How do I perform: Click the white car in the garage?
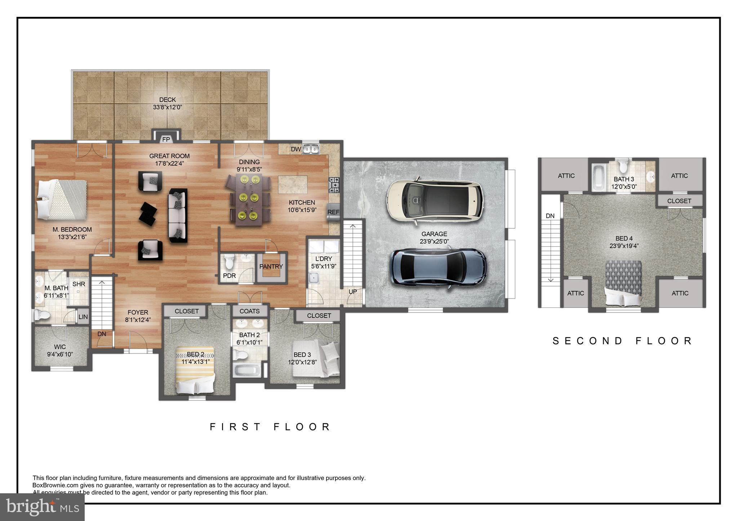coord(434,198)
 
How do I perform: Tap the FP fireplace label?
coord(166,140)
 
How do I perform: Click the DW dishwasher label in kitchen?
coord(296,149)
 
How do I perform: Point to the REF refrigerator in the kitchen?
coord(333,212)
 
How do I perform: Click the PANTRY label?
coord(271,266)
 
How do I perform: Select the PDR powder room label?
coord(229,276)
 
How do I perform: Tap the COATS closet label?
coord(249,311)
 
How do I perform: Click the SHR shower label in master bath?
coord(79,284)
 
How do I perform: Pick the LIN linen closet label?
coord(83,317)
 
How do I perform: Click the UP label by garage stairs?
coord(353,292)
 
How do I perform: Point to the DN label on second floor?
coord(550,216)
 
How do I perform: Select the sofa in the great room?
coord(178,215)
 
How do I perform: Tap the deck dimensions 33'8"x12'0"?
coord(168,107)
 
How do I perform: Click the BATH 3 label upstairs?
coord(624,179)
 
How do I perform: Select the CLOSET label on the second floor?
coord(679,201)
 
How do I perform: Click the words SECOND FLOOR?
coord(622,341)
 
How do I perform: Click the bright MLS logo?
coord(43,507)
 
